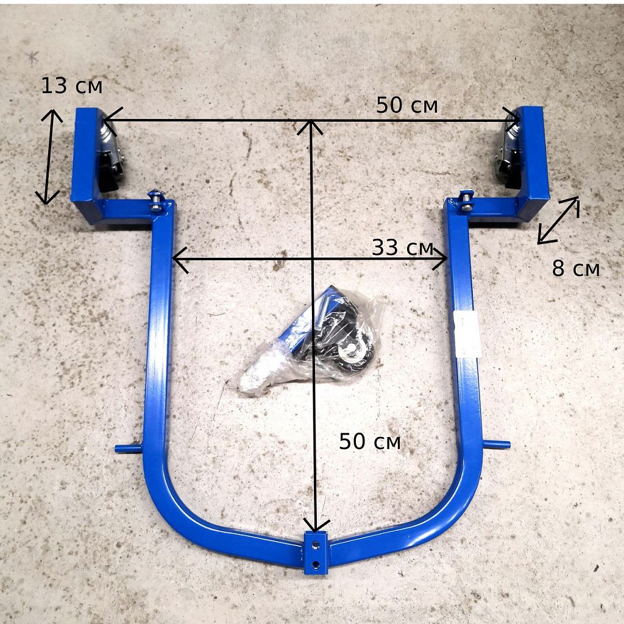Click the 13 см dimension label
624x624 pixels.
(72, 86)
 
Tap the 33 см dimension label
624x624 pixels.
(402, 247)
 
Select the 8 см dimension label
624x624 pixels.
(575, 269)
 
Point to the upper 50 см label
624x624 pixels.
(406, 105)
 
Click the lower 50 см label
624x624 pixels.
(370, 442)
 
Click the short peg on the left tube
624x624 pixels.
(129, 448)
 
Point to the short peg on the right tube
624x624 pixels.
(496, 444)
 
